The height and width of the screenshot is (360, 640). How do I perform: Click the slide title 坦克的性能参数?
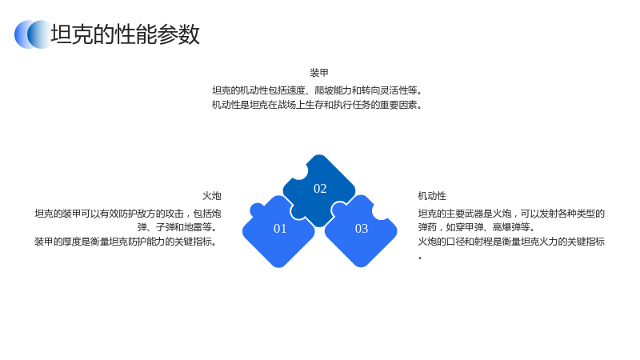pos(125,34)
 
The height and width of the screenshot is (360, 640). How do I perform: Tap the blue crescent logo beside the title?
pos(33,34)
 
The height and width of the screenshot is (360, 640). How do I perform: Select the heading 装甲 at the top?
pos(319,73)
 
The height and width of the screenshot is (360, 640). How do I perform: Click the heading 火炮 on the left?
pos(212,196)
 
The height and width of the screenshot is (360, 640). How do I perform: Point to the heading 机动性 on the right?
pos(432,196)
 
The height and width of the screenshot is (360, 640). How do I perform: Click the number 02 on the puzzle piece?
pos(320,189)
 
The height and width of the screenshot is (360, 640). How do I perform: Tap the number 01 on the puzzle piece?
pos(280,229)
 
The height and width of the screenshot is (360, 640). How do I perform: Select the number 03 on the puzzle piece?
pos(362,229)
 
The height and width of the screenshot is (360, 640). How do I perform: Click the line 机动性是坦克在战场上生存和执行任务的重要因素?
pos(317,105)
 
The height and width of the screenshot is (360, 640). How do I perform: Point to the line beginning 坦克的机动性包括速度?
pos(317,90)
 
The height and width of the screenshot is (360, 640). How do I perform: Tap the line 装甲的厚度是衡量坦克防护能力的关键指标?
pos(126,242)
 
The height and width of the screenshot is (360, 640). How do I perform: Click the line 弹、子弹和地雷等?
pos(177,227)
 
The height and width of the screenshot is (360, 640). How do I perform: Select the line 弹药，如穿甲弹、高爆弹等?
pos(476,227)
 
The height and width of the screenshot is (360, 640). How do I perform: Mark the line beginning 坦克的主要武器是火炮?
pos(511,214)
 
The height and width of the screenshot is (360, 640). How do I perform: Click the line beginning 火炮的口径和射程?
pos(511,242)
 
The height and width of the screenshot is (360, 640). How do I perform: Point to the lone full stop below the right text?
pos(420,258)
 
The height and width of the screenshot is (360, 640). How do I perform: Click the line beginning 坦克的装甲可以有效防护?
pos(128,214)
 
